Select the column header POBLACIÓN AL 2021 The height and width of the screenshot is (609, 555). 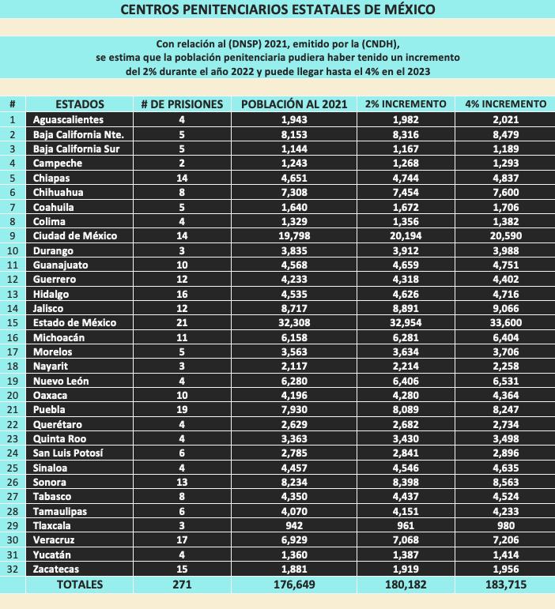[293, 104]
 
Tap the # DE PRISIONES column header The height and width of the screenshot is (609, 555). [181, 104]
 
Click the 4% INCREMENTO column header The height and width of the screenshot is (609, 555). [505, 104]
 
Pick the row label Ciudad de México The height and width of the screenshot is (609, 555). [74, 235]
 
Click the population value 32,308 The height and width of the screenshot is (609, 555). [293, 322]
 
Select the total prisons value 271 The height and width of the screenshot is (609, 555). [181, 585]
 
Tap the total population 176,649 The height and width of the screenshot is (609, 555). [293, 585]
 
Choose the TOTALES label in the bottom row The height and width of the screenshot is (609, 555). [79, 585]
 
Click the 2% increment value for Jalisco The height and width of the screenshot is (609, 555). [403, 308]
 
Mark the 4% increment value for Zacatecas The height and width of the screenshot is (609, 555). [505, 569]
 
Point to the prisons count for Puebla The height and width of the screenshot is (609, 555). [181, 409]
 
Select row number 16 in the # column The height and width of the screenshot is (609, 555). [13, 337]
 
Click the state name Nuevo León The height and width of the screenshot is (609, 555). [62, 381]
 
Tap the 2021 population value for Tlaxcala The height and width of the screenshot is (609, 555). [293, 525]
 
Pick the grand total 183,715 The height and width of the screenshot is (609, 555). [505, 585]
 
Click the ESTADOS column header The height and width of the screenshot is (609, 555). [79, 104]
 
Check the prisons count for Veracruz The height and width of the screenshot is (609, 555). [181, 540]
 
